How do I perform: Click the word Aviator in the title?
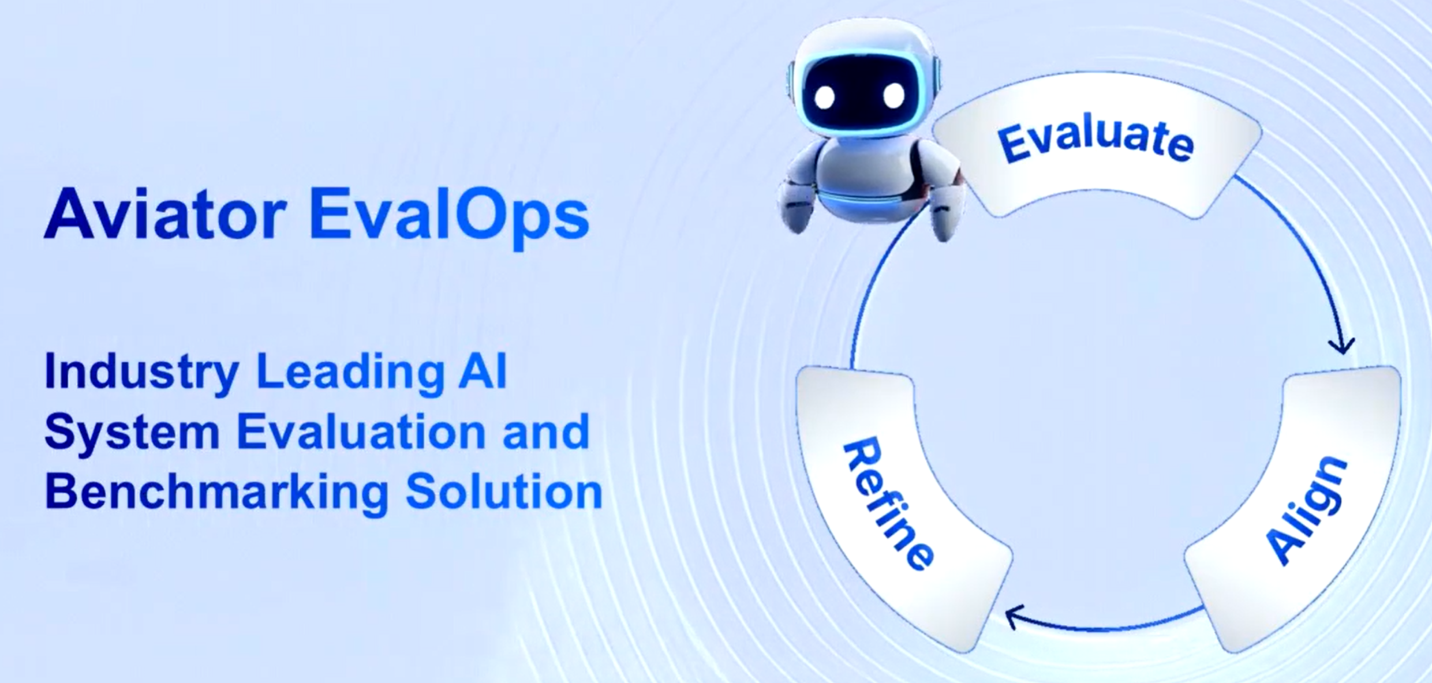(x=166, y=213)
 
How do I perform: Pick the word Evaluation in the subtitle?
(x=361, y=431)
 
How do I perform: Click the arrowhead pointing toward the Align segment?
(x=1341, y=346)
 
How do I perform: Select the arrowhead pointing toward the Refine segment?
(x=1014, y=617)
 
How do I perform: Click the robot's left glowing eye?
(x=824, y=96)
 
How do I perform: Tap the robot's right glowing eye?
(x=894, y=95)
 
